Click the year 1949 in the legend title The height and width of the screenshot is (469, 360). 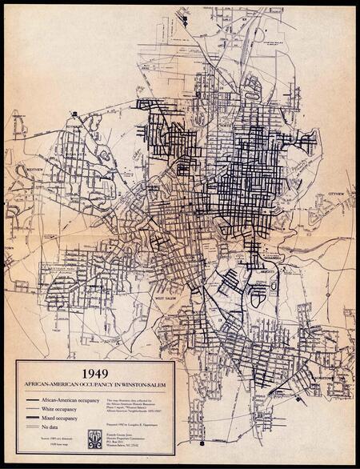(94, 371)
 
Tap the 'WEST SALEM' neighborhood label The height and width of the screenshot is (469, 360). (165, 298)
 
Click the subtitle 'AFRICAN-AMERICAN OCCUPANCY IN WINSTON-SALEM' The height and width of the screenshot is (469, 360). (94, 384)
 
